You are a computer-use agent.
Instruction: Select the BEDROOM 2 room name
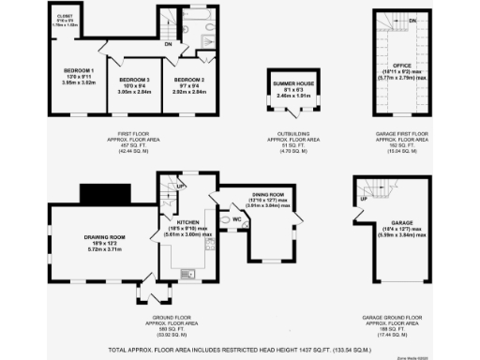pyautogui.click(x=188, y=80)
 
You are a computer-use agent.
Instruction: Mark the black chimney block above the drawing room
pyautogui.click(x=97, y=195)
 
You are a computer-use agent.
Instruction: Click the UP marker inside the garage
pyautogui.click(x=363, y=200)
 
